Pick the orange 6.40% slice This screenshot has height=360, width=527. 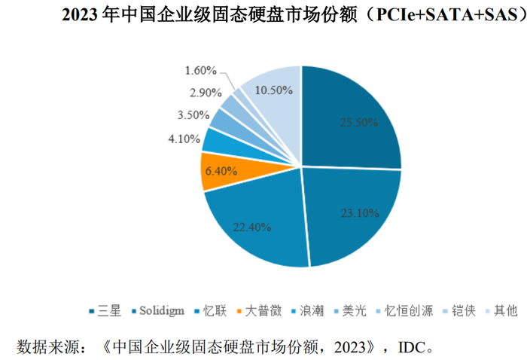221,170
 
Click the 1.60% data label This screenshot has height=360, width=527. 200,71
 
